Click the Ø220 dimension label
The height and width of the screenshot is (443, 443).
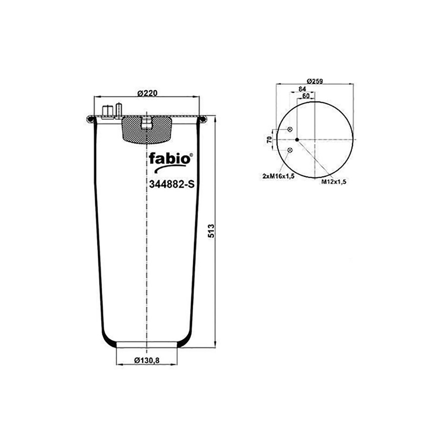point(147,93)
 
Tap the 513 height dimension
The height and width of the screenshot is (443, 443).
point(211,231)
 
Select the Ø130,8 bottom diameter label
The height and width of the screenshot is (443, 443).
point(147,360)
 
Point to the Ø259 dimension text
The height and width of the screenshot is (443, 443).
point(315,81)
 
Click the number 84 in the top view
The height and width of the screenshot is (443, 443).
point(302,89)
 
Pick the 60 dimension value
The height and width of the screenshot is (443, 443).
point(306,96)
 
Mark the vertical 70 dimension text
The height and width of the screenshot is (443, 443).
point(269,139)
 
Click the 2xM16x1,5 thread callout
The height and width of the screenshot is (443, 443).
point(279,176)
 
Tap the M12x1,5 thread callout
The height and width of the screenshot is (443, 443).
point(334,182)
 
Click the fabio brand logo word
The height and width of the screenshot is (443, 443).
point(170,158)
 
